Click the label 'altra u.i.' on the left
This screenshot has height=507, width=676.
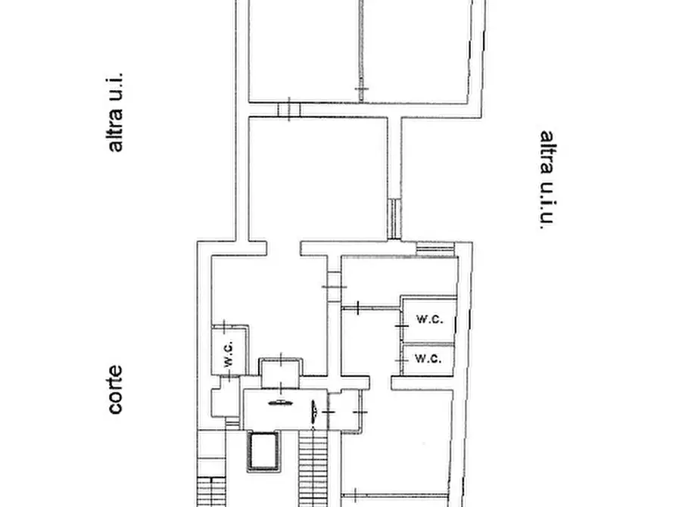[114, 113]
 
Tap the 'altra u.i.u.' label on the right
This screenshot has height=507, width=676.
[547, 179]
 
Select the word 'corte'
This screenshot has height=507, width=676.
[115, 390]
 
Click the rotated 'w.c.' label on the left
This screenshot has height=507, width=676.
[229, 353]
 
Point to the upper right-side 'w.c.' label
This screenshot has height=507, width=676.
[429, 319]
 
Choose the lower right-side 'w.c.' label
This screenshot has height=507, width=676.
[428, 358]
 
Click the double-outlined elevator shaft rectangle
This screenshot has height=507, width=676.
[263, 452]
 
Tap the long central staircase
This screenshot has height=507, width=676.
[313, 468]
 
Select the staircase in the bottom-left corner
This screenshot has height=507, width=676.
[211, 491]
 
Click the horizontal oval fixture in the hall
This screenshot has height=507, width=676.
[280, 403]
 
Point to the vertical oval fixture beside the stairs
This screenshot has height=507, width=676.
[313, 412]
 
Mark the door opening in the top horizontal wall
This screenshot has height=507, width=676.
[289, 110]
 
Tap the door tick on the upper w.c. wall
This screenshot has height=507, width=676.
[402, 326]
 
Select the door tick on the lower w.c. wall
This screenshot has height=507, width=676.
[401, 359]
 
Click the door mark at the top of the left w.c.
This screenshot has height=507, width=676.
[225, 326]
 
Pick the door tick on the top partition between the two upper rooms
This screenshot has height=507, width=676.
[362, 89]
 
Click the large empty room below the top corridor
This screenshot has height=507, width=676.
[318, 179]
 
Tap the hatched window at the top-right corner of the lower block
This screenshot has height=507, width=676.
[435, 249]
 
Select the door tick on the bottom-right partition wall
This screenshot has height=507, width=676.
[355, 495]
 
